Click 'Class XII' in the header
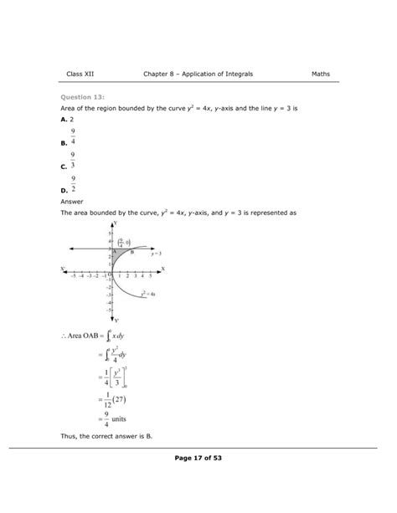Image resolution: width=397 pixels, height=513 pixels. coord(80,74)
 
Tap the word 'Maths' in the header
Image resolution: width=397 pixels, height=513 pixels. coord(321,74)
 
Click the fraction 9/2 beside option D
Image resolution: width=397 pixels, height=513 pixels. coord(75,183)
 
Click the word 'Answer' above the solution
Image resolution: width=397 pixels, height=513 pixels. coord(73,202)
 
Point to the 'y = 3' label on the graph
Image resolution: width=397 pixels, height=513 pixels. coord(156,252)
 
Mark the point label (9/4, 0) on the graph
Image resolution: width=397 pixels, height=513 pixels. coord(123,241)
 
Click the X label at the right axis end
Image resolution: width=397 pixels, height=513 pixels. coord(162,269)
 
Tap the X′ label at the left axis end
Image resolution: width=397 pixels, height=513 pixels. coord(63,269)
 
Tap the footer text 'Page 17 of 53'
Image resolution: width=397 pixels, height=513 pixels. coord(198,458)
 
